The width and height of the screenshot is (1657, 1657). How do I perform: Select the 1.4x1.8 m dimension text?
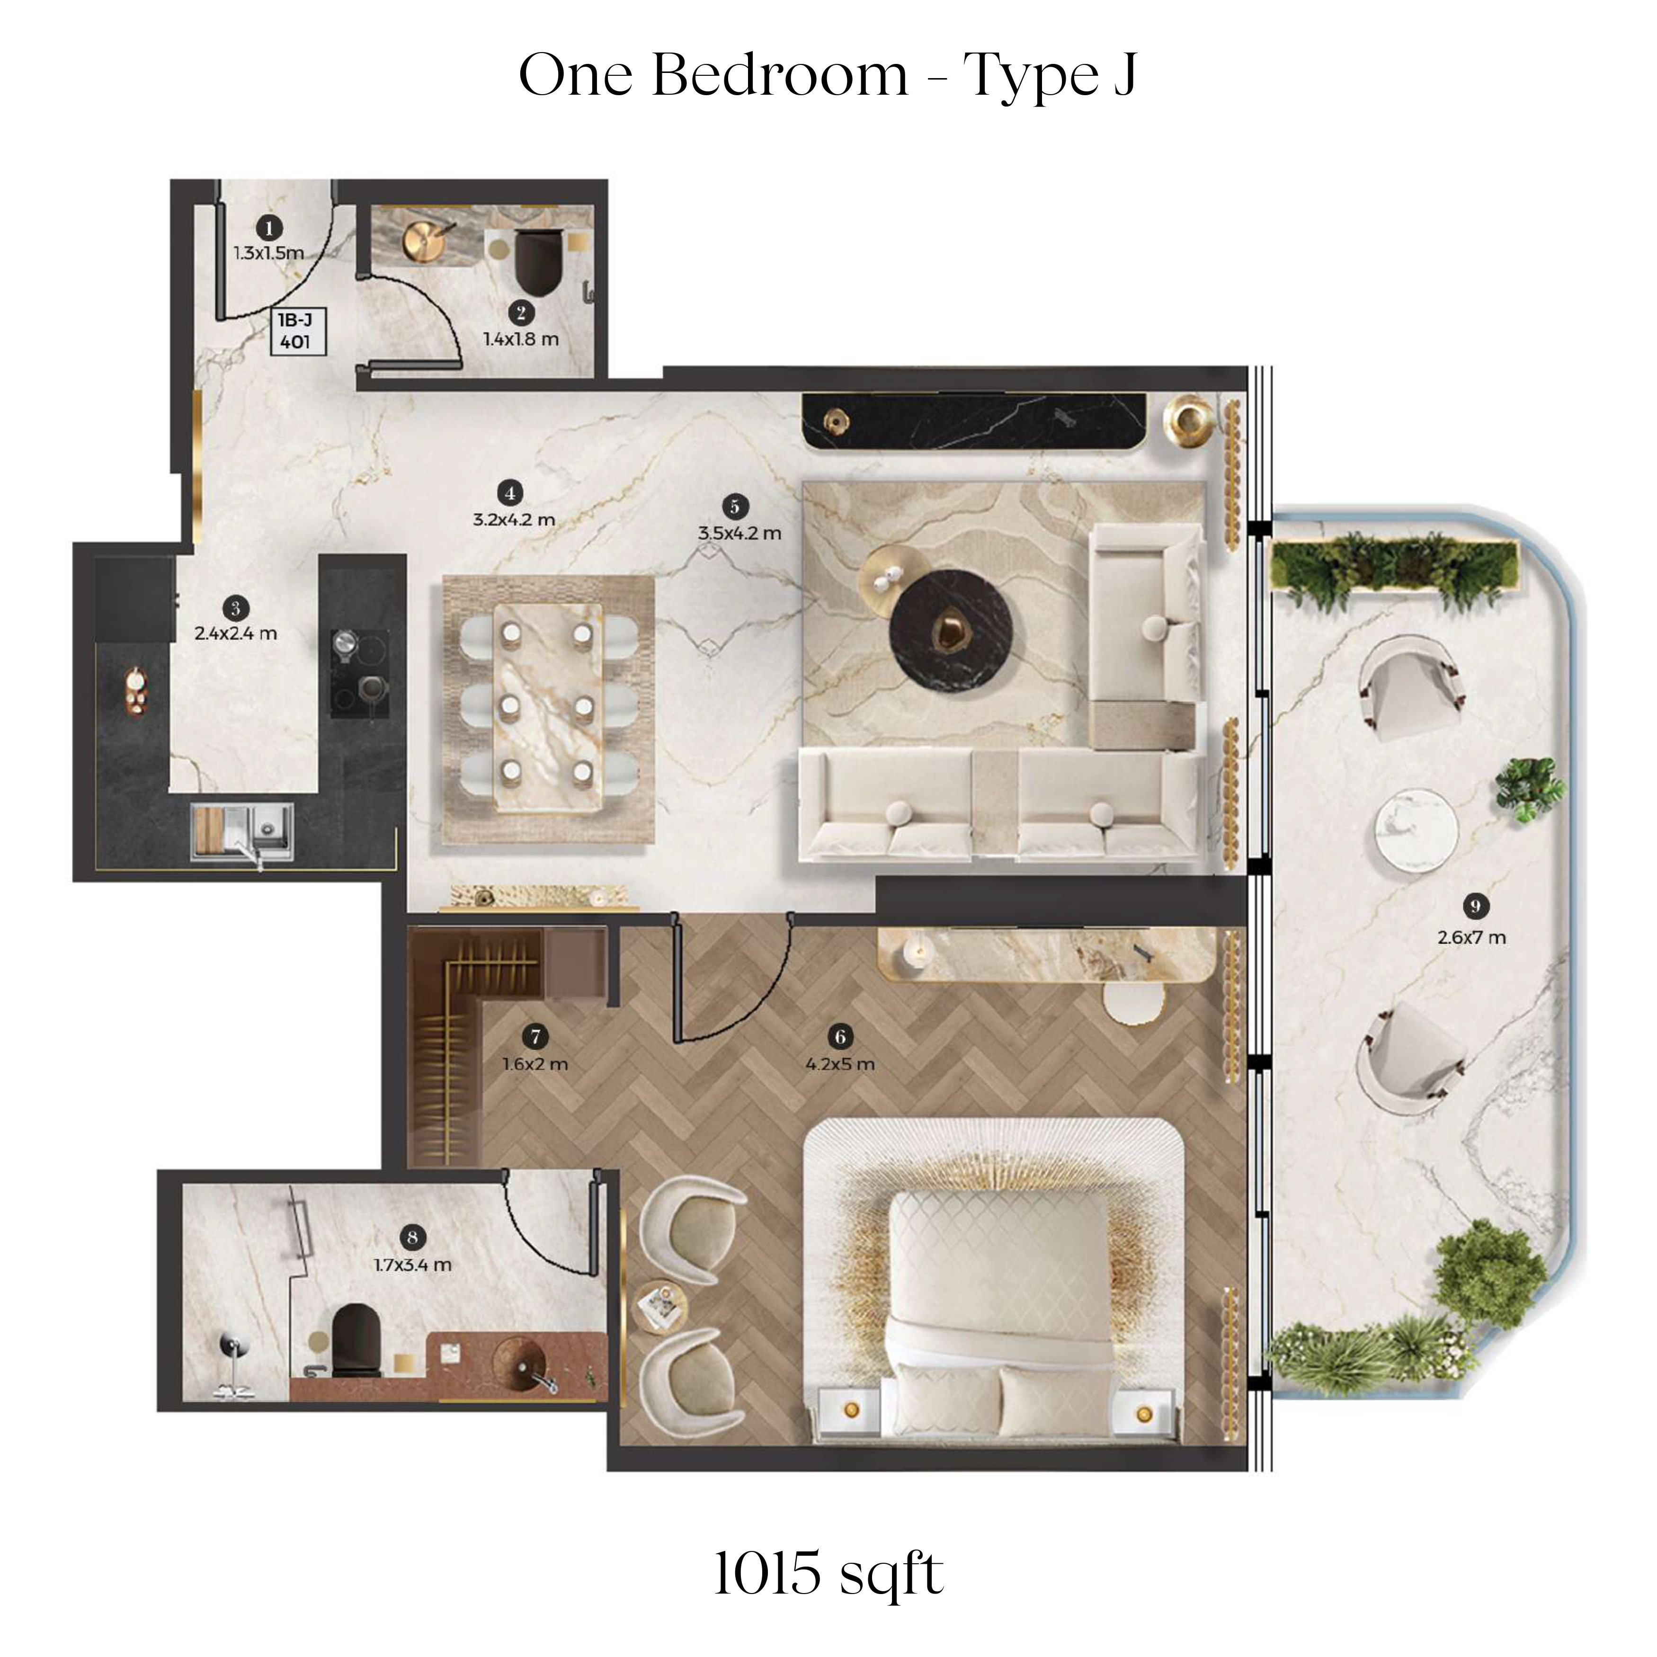click(521, 339)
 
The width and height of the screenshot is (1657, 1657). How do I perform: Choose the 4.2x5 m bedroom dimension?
click(840, 1064)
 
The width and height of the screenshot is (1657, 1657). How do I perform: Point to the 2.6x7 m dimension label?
click(1472, 937)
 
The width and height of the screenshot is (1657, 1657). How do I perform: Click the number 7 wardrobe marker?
click(535, 1037)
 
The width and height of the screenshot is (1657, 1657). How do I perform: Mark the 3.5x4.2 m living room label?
click(739, 533)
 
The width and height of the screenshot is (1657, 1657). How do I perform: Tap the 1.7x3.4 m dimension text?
click(412, 1264)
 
